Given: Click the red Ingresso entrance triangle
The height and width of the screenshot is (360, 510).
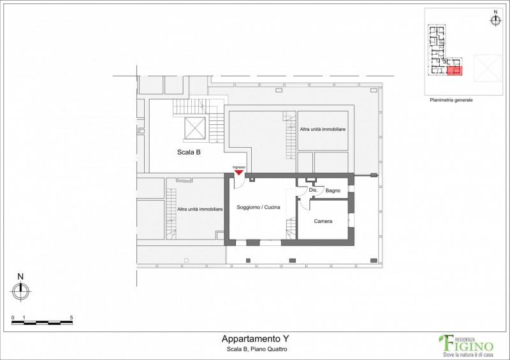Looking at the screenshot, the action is [239, 172].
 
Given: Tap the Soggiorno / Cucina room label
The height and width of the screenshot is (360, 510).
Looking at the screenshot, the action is [258, 207].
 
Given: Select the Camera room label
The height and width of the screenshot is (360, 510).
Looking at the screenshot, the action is [323, 221].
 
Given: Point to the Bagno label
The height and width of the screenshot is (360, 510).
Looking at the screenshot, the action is [333, 191].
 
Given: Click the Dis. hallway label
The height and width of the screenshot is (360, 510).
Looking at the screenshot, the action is [313, 190].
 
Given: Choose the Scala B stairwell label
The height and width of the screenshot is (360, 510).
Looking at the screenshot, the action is [189, 152].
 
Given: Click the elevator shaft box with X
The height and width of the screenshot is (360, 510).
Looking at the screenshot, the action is [195, 128].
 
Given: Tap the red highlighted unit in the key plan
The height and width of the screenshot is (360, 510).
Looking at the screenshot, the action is [455, 70].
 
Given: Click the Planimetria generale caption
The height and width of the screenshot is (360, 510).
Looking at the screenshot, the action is [451, 100].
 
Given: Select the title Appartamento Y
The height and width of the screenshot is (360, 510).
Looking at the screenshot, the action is [255, 339].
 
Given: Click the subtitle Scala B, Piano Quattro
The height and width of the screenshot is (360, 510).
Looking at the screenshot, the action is [257, 349].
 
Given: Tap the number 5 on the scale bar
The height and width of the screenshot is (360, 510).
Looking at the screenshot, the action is [71, 318].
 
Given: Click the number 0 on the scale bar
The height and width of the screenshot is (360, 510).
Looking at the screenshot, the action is [13, 318].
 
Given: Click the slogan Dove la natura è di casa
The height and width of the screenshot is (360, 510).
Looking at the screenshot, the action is [469, 354].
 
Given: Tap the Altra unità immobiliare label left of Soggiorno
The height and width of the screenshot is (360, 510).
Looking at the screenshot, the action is [200, 209].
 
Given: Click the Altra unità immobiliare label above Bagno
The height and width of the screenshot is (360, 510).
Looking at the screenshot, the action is [323, 129].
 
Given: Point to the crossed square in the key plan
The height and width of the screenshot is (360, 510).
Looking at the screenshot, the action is [488, 68].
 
